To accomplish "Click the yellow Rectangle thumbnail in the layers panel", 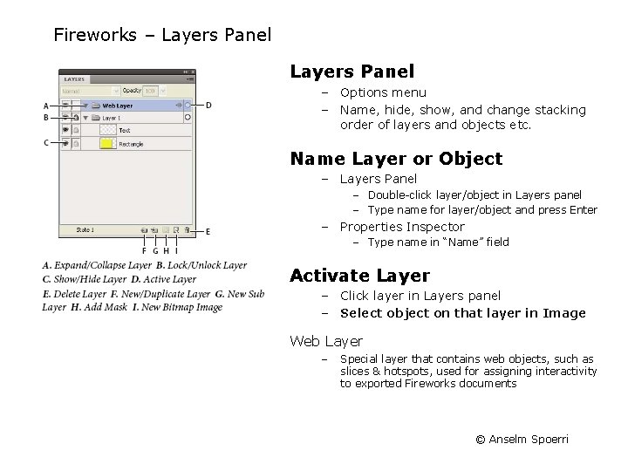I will [108, 143].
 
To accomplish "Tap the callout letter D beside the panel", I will [209, 106].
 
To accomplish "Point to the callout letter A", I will [45, 106].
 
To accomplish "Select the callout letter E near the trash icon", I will [208, 231].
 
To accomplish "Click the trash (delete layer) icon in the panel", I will [187, 230].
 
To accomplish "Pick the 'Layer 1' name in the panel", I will [111, 118].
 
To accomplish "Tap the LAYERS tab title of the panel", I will [74, 78].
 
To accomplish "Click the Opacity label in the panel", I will [132, 90].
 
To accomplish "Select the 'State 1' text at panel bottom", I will [85, 230].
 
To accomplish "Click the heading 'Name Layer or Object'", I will [396, 159].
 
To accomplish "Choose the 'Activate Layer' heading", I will [359, 276].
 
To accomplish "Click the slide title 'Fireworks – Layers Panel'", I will [162, 36].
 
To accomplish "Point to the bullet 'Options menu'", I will [383, 92].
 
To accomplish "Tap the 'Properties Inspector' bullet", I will [402, 227].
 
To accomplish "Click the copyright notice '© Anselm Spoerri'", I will [522, 439].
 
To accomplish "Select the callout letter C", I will [45, 142].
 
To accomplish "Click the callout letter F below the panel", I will [144, 251].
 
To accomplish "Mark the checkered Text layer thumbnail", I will [108, 130].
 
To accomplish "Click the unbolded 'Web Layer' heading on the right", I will [326, 341].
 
